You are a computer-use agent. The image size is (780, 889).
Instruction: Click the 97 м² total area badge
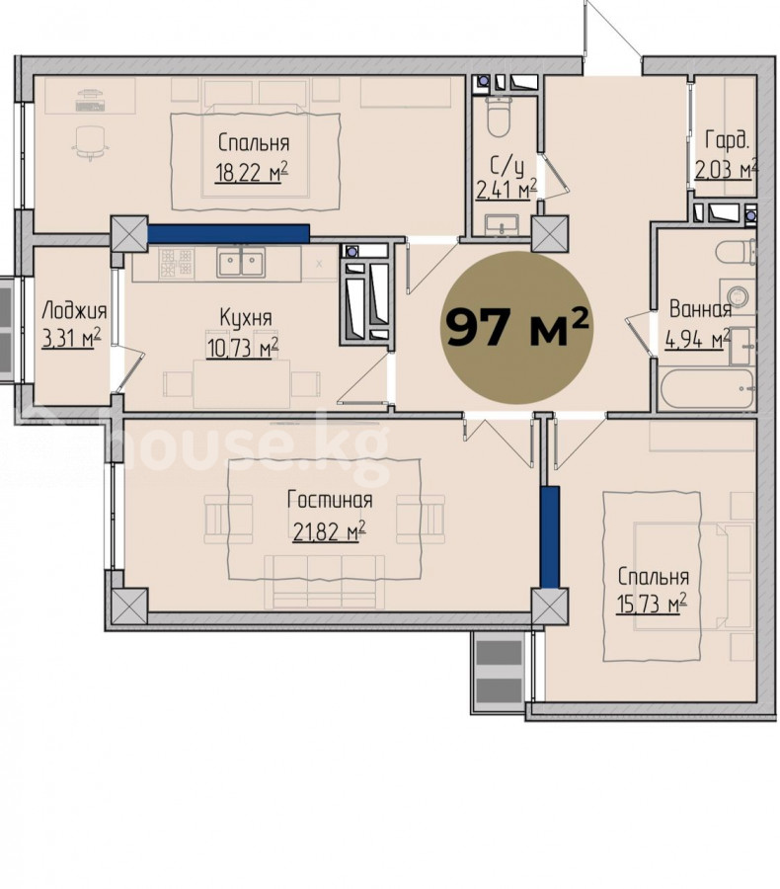(516, 328)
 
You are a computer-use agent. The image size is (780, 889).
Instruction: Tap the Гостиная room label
(330, 500)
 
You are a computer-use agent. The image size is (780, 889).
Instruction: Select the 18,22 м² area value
(252, 172)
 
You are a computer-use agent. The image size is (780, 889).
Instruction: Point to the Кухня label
(246, 318)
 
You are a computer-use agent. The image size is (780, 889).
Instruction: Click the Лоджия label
(74, 311)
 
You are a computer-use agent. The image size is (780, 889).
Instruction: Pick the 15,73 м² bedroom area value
(652, 604)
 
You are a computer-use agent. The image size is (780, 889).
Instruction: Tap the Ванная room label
(700, 309)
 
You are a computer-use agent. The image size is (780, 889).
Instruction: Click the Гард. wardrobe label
(728, 140)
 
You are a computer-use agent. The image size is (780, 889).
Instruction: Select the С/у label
(507, 166)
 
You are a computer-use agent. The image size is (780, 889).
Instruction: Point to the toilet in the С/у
(499, 117)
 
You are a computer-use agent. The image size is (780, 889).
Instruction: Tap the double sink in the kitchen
(241, 263)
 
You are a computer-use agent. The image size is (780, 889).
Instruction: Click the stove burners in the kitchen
(176, 264)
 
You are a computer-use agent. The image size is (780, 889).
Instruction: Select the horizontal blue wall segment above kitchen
(228, 233)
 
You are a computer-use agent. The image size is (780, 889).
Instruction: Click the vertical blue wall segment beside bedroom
(549, 537)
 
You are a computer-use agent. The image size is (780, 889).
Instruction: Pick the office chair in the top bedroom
(90, 141)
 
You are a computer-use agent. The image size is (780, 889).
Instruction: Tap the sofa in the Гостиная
(324, 581)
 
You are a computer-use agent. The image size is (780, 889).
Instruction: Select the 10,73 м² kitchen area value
(243, 347)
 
